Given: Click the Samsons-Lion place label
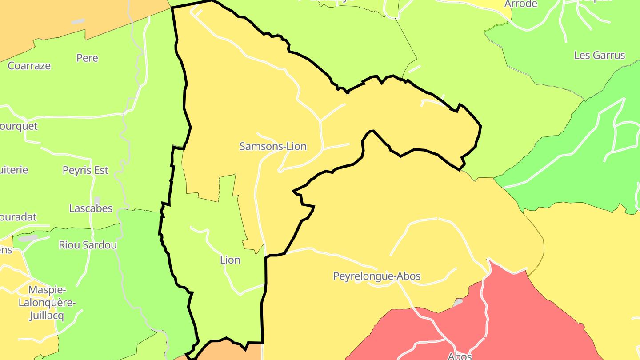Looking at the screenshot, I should point(273,146).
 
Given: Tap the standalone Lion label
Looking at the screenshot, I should point(230,260).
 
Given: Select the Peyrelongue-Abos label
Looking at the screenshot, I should point(377,276).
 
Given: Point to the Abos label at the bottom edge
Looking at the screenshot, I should point(460,356).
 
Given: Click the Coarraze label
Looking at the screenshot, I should point(29,66).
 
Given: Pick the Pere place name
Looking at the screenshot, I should point(87,58).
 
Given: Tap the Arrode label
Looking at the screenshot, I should point(520,4).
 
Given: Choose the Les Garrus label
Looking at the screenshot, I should point(600,56).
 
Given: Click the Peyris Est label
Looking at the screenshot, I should point(85,170).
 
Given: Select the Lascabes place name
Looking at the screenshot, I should point(91,208).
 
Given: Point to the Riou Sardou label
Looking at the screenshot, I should point(88,245).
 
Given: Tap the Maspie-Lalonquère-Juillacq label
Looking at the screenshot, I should point(47,303).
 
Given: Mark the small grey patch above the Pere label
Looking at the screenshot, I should point(78,21).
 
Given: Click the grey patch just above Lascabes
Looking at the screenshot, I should point(97,200).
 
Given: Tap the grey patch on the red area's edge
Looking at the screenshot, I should point(457,303).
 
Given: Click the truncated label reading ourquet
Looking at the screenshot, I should point(19,126).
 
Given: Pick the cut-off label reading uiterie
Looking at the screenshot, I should point(14,170).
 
